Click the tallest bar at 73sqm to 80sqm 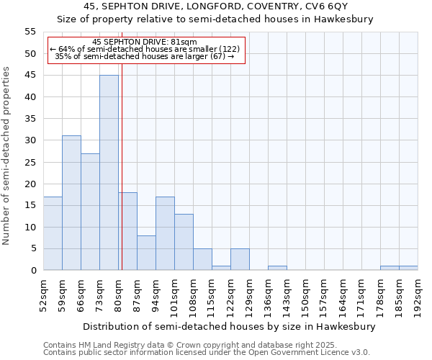[109, 173]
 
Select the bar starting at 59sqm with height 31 [71, 203]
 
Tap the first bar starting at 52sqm [53, 233]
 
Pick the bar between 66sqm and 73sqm [90, 212]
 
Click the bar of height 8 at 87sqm [146, 253]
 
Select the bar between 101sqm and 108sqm [184, 242]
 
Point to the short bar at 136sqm [277, 268]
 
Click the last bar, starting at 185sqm [408, 268]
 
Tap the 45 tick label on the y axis [30, 76]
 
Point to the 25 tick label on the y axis [30, 162]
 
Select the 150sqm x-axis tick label [306, 294]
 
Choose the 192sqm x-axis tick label [418, 294]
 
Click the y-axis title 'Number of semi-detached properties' [7, 156]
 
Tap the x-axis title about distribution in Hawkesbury [230, 326]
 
